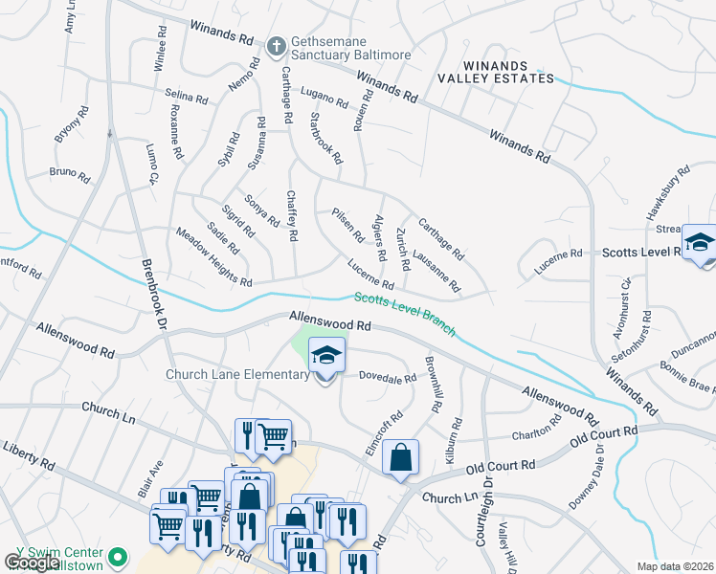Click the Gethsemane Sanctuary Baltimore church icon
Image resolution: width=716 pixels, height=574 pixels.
[277, 45]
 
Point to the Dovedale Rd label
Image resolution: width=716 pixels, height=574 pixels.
[388, 378]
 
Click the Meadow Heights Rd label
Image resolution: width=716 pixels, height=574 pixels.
[213, 257]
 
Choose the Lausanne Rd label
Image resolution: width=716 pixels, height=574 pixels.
[436, 271]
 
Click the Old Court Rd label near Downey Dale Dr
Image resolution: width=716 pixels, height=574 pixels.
[603, 437]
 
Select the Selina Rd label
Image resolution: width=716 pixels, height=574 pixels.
[186, 96]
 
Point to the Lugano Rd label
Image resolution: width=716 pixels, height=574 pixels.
[323, 96]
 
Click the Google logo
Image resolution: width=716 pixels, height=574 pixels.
[32, 563]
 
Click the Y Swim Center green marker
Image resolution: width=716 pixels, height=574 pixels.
[118, 555]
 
